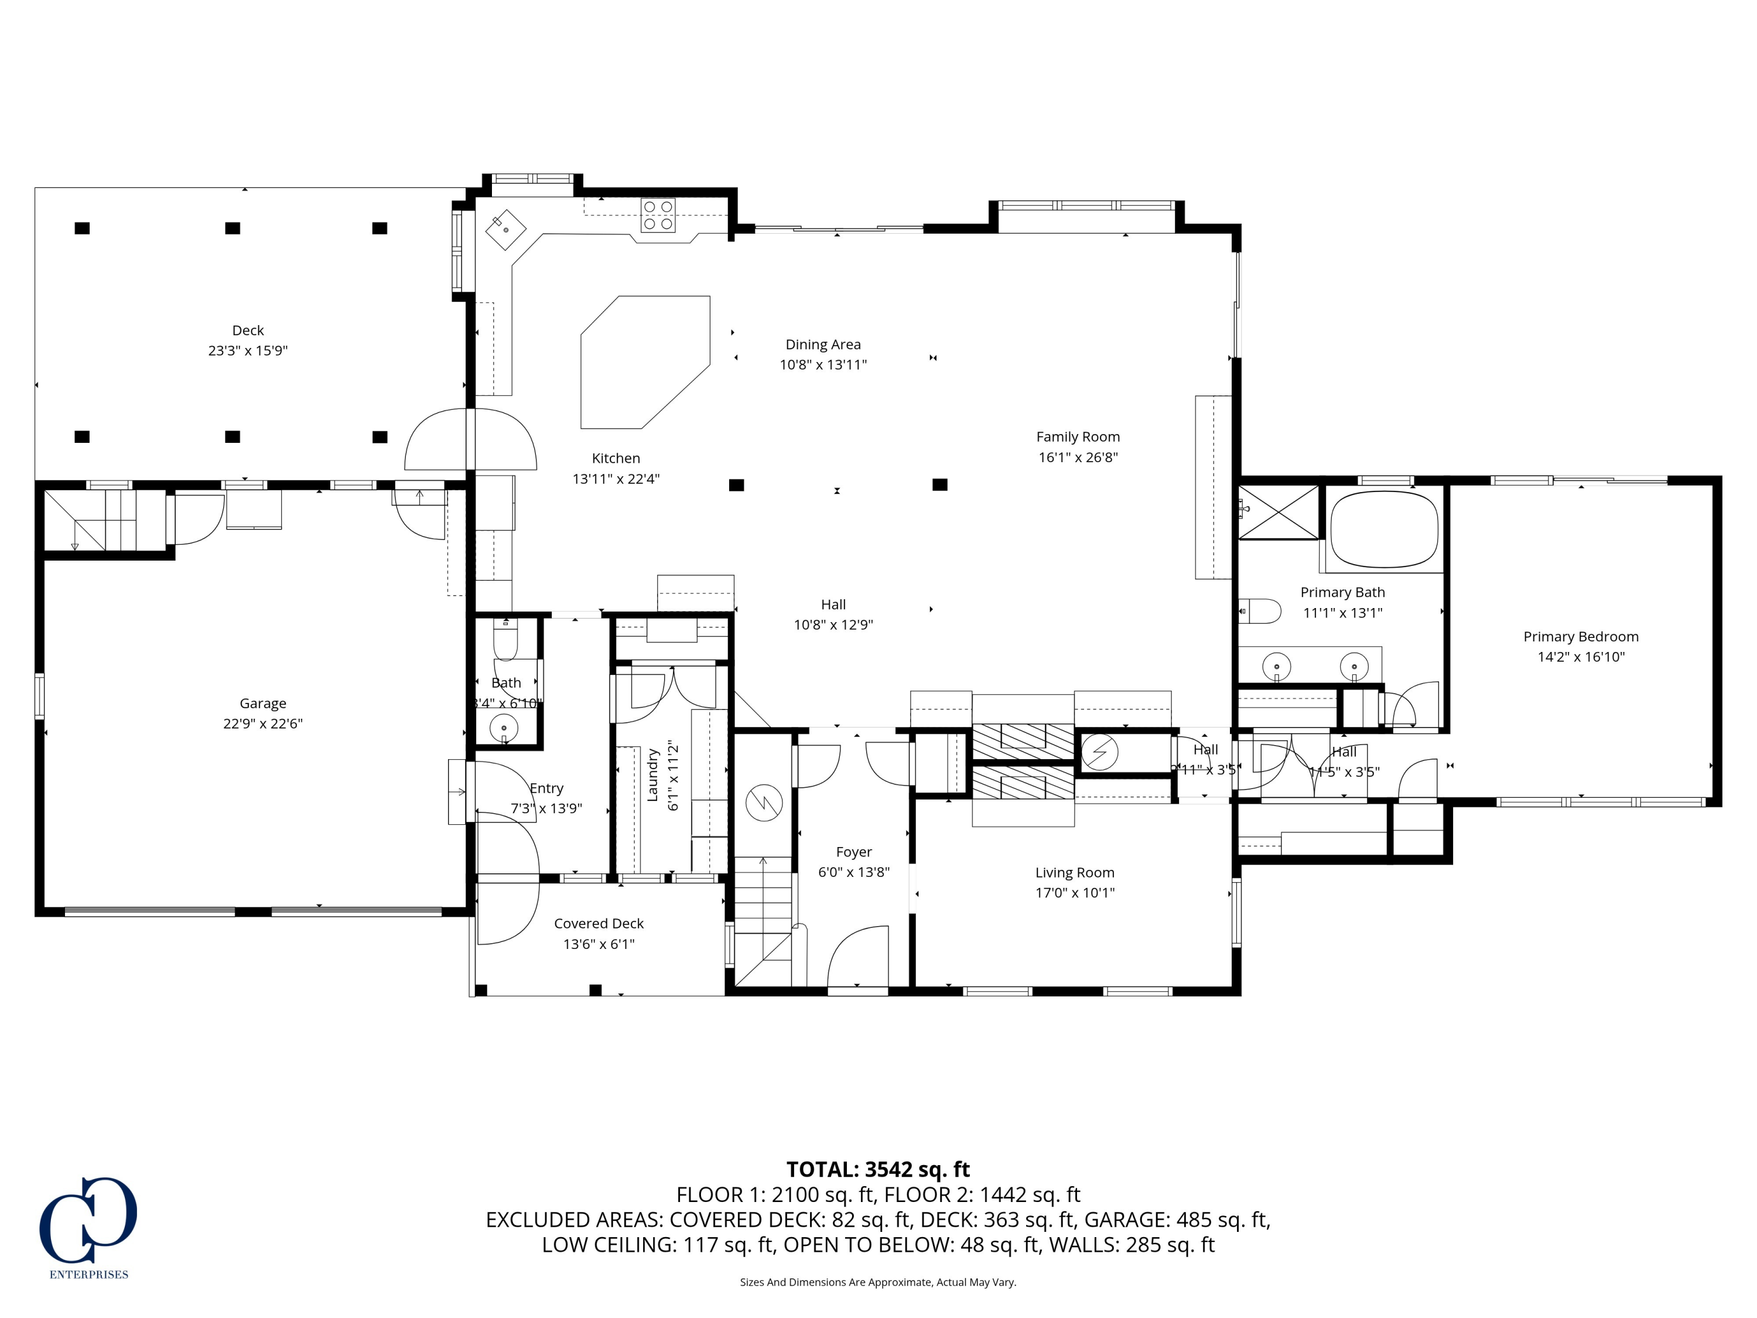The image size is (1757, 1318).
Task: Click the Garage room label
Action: [262, 703]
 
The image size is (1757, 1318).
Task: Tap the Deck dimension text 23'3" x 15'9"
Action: [248, 350]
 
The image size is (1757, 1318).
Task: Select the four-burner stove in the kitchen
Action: [658, 216]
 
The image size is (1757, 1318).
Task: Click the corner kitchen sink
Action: [506, 230]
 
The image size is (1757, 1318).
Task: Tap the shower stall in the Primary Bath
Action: [1278, 513]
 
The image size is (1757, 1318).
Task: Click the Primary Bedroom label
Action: [1580, 636]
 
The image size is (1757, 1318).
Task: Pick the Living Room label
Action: [1074, 872]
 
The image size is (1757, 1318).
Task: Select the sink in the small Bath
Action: [504, 727]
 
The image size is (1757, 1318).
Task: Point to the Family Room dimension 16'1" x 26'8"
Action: [1077, 457]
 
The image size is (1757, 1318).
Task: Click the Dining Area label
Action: [822, 344]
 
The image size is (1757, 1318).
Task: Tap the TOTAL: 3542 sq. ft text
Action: [878, 1169]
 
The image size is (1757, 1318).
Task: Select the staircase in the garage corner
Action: [103, 520]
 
